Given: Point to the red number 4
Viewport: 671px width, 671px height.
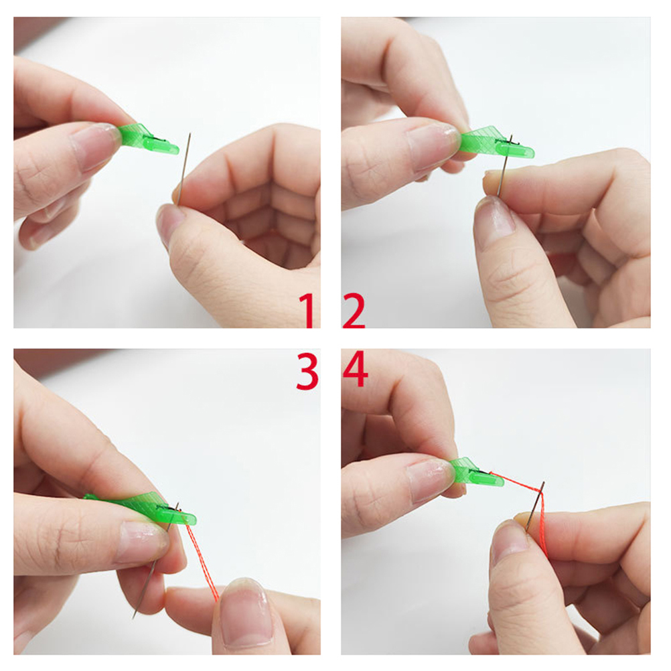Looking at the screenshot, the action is (355, 369).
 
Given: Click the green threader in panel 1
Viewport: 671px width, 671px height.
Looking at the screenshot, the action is (147, 139).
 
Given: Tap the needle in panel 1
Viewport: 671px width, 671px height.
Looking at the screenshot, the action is (184, 169).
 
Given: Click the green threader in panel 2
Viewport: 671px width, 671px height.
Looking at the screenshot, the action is (496, 142).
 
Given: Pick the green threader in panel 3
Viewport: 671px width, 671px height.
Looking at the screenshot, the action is (141, 508).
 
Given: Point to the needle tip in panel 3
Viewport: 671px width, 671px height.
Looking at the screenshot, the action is (133, 618).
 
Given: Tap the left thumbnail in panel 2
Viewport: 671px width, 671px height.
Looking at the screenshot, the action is (432, 145).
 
